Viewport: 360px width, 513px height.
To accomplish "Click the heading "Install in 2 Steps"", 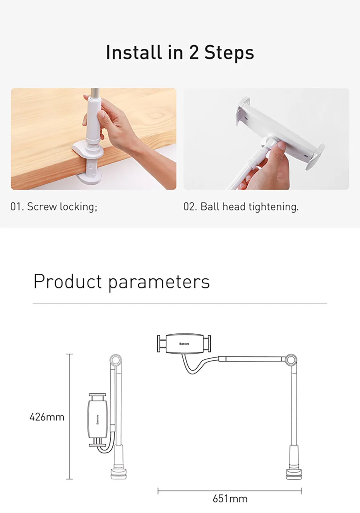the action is click(180, 53).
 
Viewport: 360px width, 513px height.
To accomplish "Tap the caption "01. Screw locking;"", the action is click(54, 207).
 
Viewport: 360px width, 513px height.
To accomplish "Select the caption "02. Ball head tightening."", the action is click(241, 207).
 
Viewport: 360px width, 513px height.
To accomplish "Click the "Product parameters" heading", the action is click(122, 282).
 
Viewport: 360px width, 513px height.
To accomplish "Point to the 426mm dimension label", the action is click(47, 417).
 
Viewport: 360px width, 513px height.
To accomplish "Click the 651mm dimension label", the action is click(230, 499).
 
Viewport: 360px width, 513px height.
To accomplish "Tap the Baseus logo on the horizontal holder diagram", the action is click(184, 344).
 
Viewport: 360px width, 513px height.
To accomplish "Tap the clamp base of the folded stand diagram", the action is click(118, 473).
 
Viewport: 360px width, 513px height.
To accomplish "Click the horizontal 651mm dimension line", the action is click(230, 491).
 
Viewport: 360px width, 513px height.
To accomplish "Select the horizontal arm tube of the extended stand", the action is click(252, 359).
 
